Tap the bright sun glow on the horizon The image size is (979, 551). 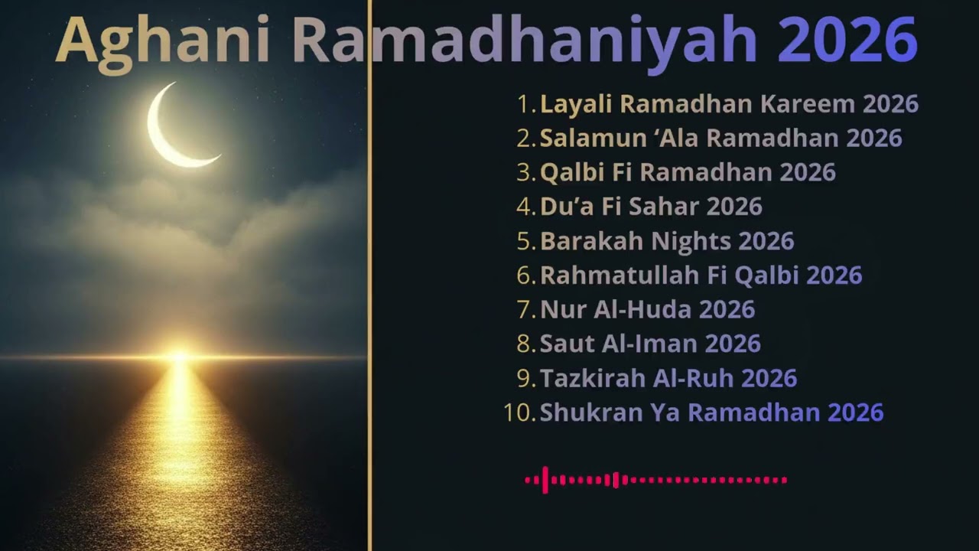point(179,356)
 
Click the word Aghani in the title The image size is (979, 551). point(162,41)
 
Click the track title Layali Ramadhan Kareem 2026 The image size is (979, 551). point(729,103)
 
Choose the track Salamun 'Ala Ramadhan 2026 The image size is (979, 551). point(720,138)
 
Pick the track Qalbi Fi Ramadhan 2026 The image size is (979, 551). point(688,172)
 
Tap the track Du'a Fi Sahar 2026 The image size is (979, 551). point(651,207)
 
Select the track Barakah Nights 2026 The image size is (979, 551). point(667,241)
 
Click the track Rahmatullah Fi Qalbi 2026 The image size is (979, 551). point(701,275)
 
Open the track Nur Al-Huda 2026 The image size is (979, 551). point(647,310)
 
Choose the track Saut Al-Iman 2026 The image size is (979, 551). point(650,344)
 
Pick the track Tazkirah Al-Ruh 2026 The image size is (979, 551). point(668,378)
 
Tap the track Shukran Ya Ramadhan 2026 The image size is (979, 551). point(711,412)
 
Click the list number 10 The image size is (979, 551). point(518,412)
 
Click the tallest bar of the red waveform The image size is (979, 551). point(545,480)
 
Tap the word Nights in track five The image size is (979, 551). point(691,241)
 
